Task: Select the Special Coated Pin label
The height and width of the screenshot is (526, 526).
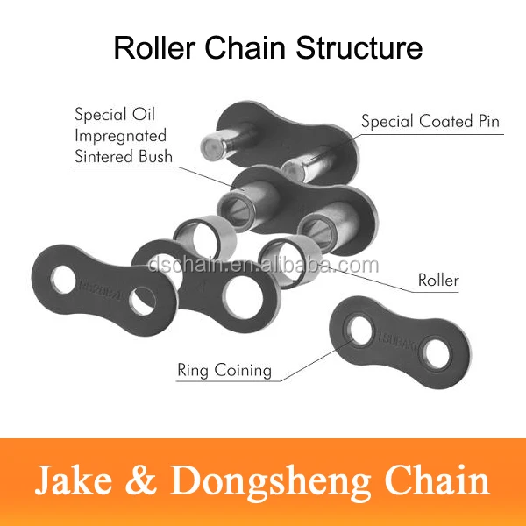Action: pos(430,121)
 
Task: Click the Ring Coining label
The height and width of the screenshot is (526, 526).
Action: pos(224,370)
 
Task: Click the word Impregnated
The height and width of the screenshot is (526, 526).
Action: pos(119,136)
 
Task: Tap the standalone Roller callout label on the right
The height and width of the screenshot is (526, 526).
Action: pos(437,281)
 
